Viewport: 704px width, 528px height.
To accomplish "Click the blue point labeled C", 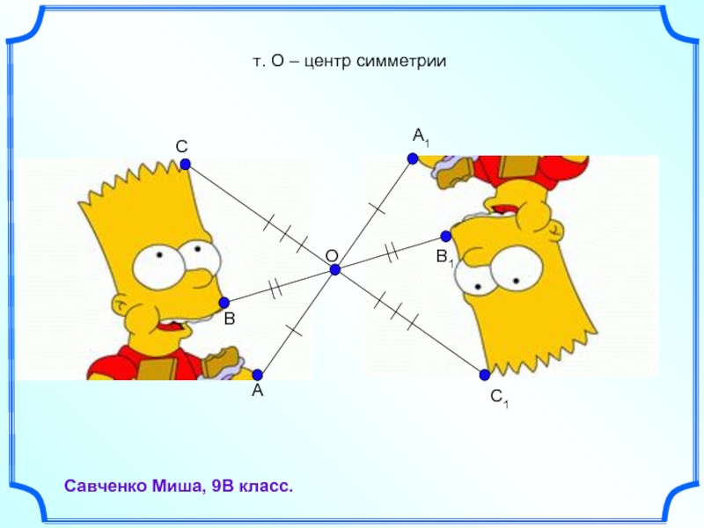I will tap(185, 165).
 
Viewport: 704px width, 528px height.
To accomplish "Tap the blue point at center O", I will tap(335, 270).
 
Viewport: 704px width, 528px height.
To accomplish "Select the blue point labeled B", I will tap(224, 303).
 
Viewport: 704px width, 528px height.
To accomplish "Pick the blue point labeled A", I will tap(257, 374).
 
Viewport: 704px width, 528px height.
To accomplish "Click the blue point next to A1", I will tap(412, 158).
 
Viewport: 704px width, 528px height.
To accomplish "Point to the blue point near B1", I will tap(446, 236).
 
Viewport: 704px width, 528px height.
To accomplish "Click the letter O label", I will tap(332, 255).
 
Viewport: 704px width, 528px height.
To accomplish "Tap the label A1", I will tap(421, 136).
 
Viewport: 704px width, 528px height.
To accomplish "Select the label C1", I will tap(499, 400).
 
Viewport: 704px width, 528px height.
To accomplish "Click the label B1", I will tap(444, 258).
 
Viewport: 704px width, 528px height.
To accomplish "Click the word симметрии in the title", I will tap(405, 62).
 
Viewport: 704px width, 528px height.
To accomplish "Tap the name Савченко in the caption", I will tap(106, 486).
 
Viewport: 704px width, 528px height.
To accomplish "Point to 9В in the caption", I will tap(224, 486).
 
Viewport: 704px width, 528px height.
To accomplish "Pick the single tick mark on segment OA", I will tap(294, 332).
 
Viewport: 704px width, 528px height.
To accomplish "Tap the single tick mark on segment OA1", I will tap(377, 209).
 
